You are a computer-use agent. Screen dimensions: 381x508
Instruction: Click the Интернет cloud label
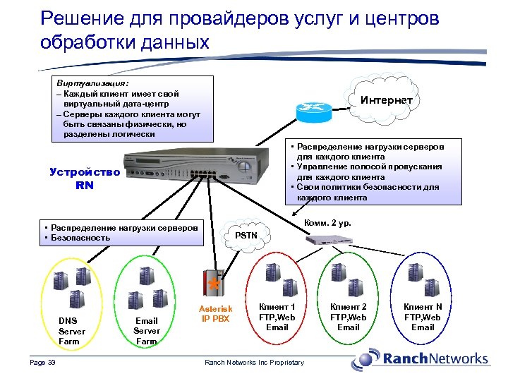(x=387, y=100)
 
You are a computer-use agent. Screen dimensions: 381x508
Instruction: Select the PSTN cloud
(x=246, y=234)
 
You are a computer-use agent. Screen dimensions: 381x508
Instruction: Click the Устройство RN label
(x=85, y=179)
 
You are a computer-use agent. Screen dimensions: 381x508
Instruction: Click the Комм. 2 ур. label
(x=327, y=224)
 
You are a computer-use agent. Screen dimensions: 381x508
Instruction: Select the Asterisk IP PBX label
(x=215, y=314)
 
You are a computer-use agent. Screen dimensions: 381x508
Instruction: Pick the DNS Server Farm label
(x=71, y=331)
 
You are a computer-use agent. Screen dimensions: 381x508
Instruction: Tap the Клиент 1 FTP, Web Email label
(x=277, y=317)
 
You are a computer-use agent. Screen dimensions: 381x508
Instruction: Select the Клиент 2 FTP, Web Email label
(x=349, y=317)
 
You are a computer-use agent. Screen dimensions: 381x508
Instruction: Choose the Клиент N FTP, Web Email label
(x=423, y=317)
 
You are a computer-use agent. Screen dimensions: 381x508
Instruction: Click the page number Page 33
(x=42, y=363)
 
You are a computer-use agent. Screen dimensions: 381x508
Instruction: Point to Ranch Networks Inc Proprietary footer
(x=254, y=363)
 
